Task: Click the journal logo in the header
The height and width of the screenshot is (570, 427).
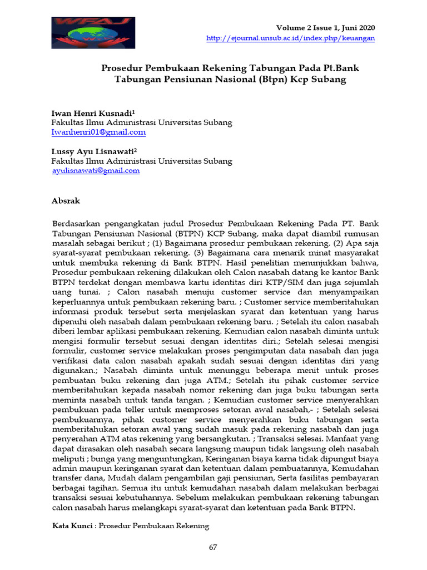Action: pos(93,33)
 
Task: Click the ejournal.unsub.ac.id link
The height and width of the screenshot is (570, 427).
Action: pos(290,38)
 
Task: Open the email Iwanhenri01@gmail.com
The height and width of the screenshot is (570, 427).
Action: pos(98,132)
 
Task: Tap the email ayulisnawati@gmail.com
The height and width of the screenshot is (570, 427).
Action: pos(96,171)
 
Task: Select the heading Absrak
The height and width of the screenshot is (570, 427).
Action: pos(66,200)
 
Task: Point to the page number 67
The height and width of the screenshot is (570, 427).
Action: pos(213,547)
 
